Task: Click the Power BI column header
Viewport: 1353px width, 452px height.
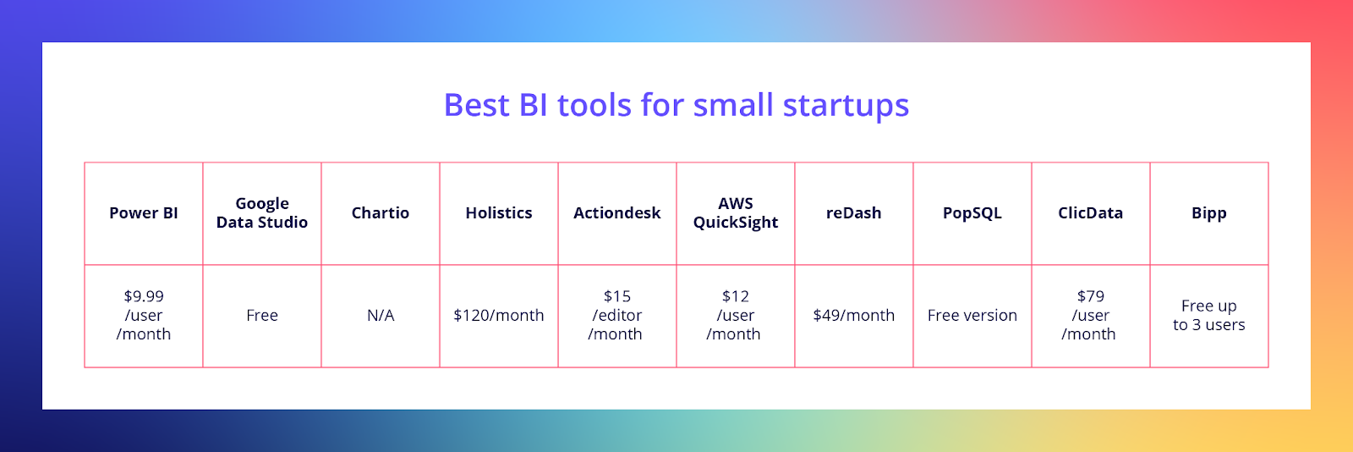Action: tap(144, 213)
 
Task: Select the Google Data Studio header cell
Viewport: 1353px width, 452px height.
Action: tap(262, 213)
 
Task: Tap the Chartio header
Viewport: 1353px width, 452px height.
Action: tap(381, 213)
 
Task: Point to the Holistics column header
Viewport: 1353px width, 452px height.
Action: tap(499, 213)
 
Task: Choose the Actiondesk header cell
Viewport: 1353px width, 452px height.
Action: tap(617, 213)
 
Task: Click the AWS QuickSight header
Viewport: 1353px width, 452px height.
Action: tap(736, 213)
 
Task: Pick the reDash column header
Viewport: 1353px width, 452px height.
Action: tap(854, 213)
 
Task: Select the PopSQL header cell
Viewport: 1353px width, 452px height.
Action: tap(972, 213)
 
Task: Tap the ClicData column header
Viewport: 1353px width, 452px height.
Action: tap(1091, 213)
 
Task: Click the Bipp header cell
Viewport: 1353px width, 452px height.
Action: tap(1209, 213)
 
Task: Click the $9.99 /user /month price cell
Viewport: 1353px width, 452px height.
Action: tap(144, 316)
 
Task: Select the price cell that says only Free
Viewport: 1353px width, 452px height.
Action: tap(262, 316)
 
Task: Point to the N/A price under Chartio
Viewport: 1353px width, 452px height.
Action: tap(381, 316)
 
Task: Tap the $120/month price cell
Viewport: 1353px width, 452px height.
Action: tap(499, 316)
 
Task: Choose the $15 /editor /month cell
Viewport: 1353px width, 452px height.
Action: tap(617, 316)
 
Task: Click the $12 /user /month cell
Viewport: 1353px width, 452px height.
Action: tap(736, 316)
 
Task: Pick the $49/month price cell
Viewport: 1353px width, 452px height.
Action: tap(854, 316)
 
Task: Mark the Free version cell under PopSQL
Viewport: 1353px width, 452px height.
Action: tap(972, 316)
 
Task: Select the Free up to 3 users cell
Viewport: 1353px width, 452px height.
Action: tap(1209, 316)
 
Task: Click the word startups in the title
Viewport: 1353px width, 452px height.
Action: tap(846, 107)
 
